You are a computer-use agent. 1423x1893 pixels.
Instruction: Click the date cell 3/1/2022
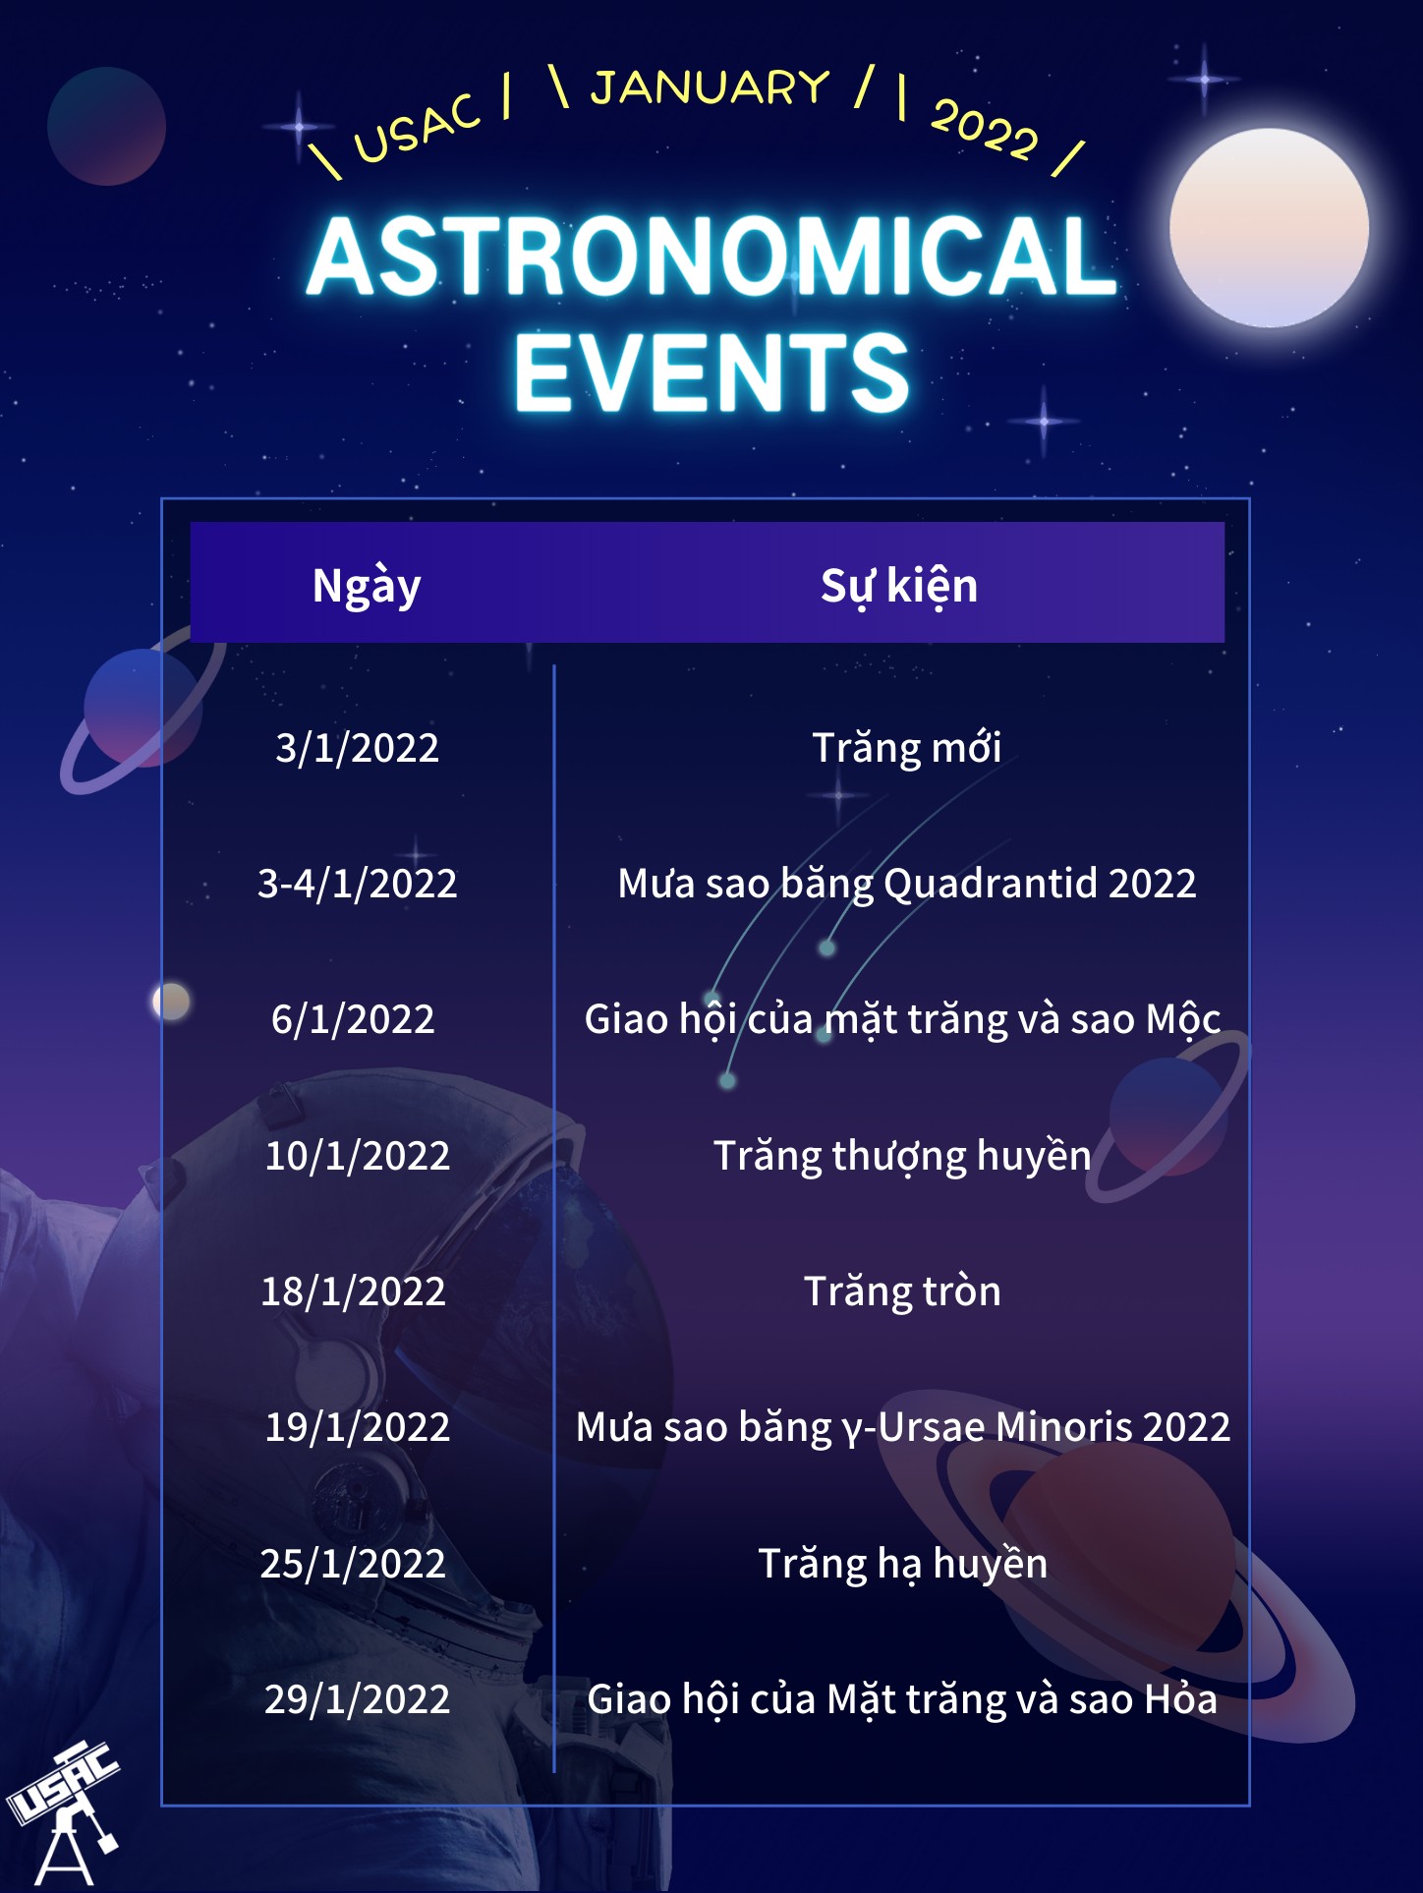click(x=357, y=748)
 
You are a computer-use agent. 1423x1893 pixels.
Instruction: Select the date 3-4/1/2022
click(x=357, y=884)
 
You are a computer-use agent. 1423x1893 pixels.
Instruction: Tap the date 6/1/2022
click(x=353, y=1019)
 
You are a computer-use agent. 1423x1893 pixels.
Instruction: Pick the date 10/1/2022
click(x=357, y=1155)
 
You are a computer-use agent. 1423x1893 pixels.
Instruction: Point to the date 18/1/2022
click(x=353, y=1291)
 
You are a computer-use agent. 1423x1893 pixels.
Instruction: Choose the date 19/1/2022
click(x=357, y=1426)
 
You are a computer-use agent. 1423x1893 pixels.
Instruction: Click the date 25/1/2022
click(x=353, y=1563)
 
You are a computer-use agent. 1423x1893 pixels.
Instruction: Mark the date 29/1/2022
click(x=357, y=1698)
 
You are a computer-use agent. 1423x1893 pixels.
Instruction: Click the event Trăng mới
click(x=906, y=747)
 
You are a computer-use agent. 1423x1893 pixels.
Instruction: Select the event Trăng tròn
click(x=902, y=1291)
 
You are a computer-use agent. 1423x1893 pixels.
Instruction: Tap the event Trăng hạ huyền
click(x=902, y=1564)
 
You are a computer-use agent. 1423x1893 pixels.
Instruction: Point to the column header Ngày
click(x=367, y=587)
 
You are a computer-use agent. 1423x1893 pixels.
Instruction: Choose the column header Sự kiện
click(x=899, y=587)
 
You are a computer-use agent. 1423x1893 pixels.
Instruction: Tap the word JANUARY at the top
click(x=711, y=87)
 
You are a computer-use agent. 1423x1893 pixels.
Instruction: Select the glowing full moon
click(x=1269, y=227)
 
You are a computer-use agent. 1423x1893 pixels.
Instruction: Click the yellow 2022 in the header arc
click(x=985, y=129)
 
